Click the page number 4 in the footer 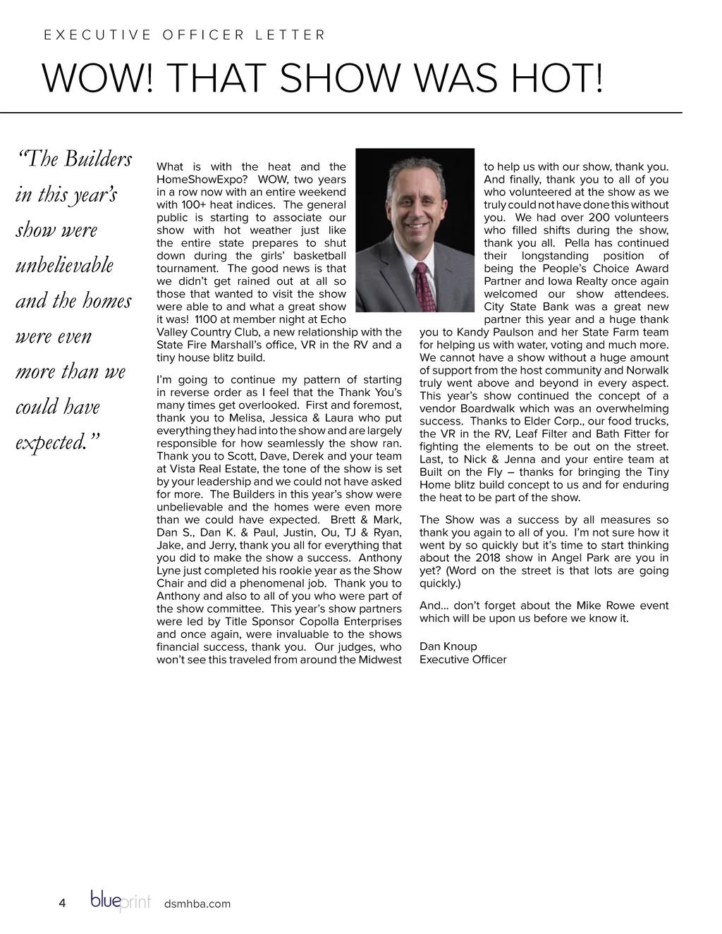point(62,904)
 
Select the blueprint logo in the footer point(121,902)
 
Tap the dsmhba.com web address point(197,904)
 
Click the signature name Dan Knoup point(448,646)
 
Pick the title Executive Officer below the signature point(463,659)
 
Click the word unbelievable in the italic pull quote point(64,266)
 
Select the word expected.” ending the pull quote point(58,443)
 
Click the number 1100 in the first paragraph point(206,319)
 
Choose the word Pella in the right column point(577,243)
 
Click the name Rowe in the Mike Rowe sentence point(617,606)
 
